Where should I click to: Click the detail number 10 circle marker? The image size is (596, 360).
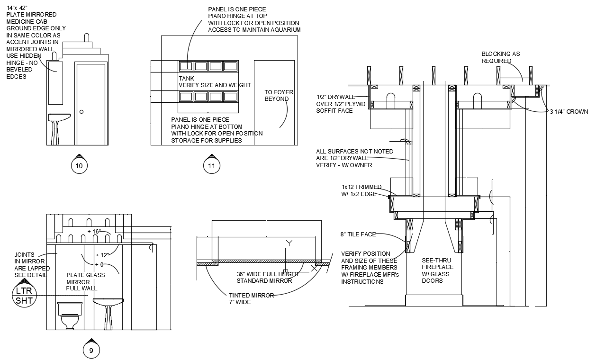[79, 165]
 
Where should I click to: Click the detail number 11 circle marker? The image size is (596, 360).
[211, 165]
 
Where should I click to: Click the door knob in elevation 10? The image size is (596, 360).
[81, 112]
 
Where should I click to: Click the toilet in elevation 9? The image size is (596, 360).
[71, 315]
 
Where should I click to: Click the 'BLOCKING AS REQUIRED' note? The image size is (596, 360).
[500, 57]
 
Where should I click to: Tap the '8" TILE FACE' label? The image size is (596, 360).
[358, 234]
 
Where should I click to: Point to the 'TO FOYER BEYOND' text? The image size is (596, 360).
[276, 96]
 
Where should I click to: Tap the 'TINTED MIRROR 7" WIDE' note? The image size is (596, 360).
[251, 298]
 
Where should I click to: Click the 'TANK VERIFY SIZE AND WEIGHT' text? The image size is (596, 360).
[214, 81]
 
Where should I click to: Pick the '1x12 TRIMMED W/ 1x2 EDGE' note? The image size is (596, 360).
[361, 190]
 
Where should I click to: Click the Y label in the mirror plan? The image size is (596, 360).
[289, 243]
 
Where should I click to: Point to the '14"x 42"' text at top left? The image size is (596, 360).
[18, 8]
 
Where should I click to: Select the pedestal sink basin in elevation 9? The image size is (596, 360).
[108, 302]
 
